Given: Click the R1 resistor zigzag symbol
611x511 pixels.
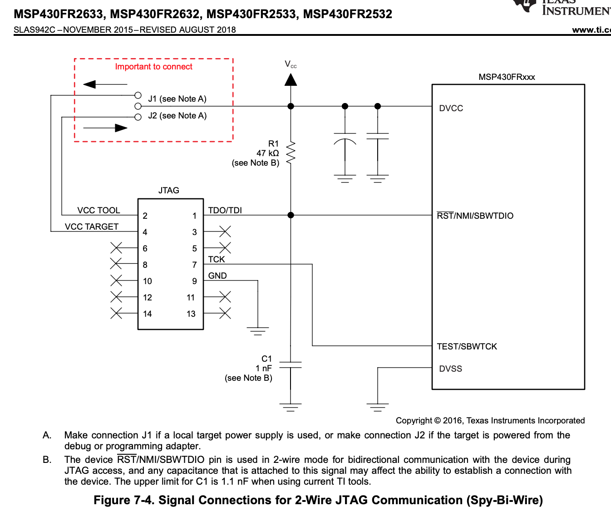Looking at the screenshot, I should (291, 153).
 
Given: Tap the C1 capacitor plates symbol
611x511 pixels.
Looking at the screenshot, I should (291, 365).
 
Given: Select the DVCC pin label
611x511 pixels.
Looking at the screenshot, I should (451, 108).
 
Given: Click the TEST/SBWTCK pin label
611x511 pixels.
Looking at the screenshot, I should (467, 347).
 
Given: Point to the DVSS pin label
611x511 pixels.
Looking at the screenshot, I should (450, 369).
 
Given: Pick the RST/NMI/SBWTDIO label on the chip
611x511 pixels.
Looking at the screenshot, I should (475, 216).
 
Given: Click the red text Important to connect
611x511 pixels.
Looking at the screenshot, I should (153, 67).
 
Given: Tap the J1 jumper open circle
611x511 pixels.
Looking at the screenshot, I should (138, 95).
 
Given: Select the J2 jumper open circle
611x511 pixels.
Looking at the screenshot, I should (138, 117).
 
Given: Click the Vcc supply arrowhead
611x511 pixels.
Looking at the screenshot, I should (291, 80).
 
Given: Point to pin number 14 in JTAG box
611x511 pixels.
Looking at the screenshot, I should (148, 314).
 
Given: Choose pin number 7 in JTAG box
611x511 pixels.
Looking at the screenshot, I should (194, 265).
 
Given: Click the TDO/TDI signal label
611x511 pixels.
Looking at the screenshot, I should (225, 211).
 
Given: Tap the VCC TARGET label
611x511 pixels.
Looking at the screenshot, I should (92, 227).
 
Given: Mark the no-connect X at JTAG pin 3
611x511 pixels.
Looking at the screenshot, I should (225, 232).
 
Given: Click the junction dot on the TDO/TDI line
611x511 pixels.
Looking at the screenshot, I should (291, 215).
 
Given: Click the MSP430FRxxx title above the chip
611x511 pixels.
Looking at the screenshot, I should (507, 77).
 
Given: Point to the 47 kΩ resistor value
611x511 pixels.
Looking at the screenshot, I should (268, 153).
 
